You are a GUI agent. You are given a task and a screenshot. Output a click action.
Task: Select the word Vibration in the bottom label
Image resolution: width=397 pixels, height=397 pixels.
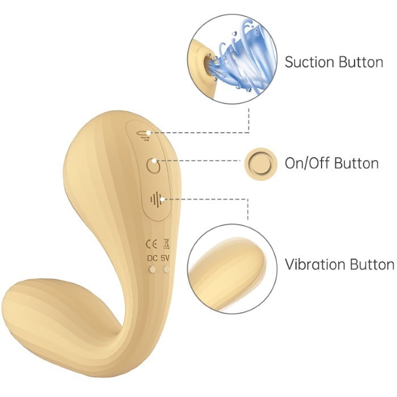[314, 265]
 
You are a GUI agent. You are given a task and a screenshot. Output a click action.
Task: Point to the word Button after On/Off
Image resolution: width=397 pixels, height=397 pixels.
[355, 163]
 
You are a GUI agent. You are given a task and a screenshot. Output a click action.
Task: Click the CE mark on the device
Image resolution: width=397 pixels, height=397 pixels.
[151, 244]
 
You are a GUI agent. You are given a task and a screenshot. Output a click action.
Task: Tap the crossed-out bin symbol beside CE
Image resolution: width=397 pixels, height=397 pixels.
[166, 243]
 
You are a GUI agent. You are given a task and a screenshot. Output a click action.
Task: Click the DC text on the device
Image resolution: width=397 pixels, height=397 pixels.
[153, 258]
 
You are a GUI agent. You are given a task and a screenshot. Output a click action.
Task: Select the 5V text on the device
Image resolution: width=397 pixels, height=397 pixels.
[165, 258]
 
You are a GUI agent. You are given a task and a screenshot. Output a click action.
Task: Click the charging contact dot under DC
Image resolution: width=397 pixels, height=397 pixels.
[153, 269]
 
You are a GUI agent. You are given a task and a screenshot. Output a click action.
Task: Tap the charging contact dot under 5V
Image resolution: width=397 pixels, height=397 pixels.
[166, 269]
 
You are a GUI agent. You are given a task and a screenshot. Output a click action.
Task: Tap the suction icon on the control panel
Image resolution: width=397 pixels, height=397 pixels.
[143, 136]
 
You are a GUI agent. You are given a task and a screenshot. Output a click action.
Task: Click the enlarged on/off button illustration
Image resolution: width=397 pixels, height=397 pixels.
[261, 164]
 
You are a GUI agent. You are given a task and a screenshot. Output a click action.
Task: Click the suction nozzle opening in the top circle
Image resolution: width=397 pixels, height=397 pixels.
[208, 65]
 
